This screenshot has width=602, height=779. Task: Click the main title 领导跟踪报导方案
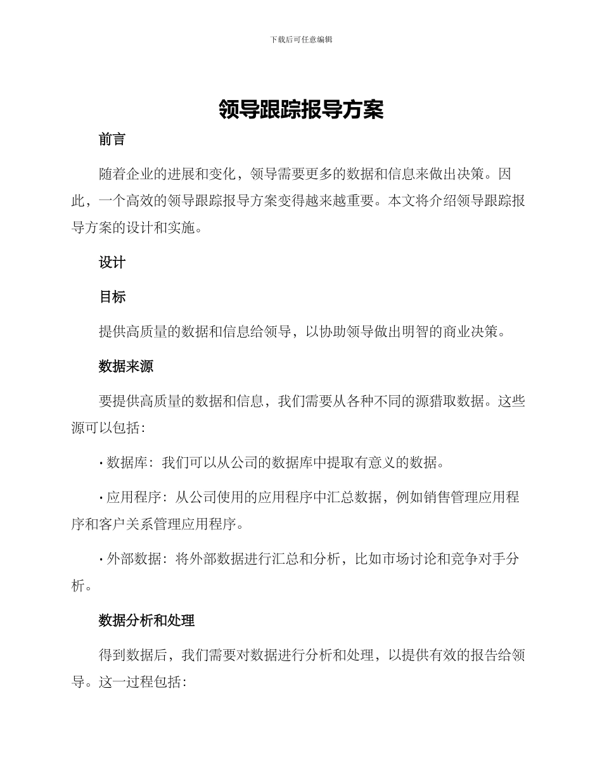point(301,110)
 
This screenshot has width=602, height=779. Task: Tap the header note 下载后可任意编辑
point(301,39)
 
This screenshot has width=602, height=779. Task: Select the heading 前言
point(112,140)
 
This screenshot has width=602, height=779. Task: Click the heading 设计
point(112,263)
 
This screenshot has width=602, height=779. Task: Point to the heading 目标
point(112,297)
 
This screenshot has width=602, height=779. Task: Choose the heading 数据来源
point(125,366)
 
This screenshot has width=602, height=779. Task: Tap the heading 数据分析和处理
point(146,621)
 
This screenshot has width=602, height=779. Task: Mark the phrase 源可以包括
point(105,428)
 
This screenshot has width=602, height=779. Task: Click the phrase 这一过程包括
point(140,683)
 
